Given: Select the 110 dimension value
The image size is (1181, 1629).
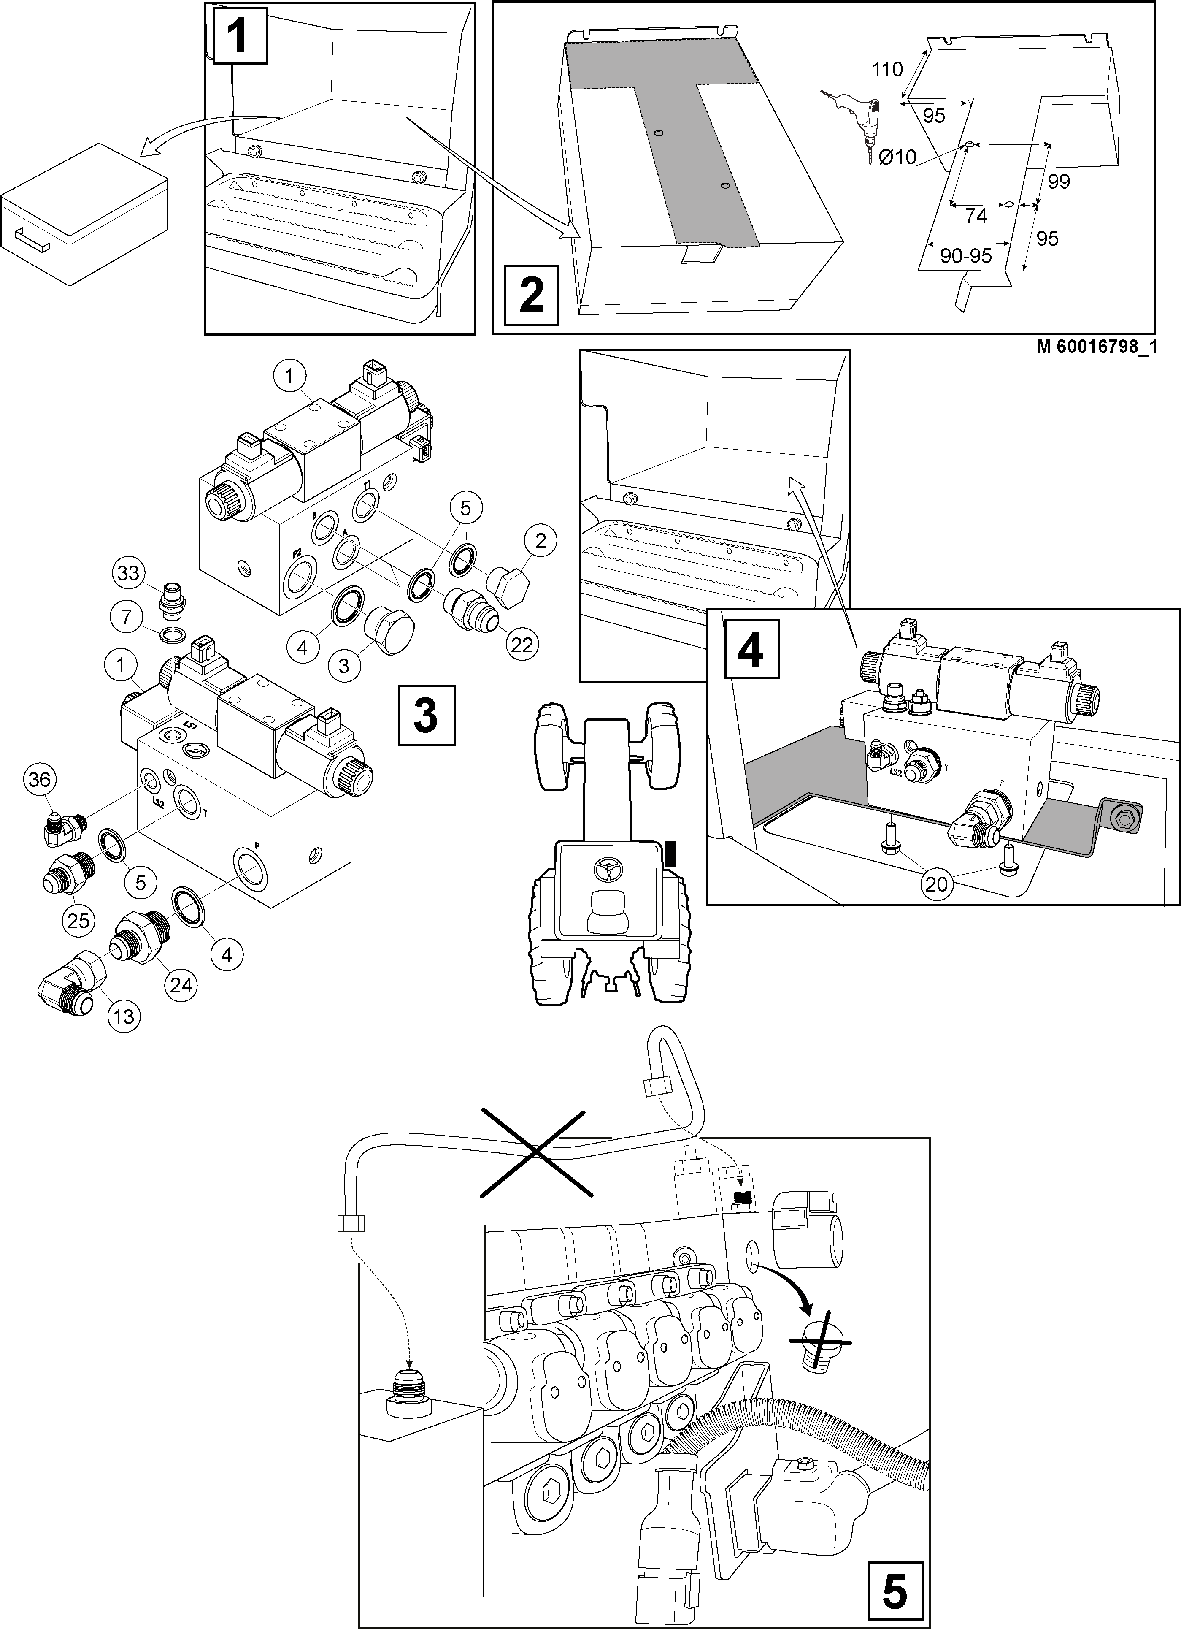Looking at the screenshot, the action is (x=887, y=70).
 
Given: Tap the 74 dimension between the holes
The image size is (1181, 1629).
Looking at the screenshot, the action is (x=976, y=215).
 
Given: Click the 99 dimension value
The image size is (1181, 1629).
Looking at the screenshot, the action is (x=1058, y=182).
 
